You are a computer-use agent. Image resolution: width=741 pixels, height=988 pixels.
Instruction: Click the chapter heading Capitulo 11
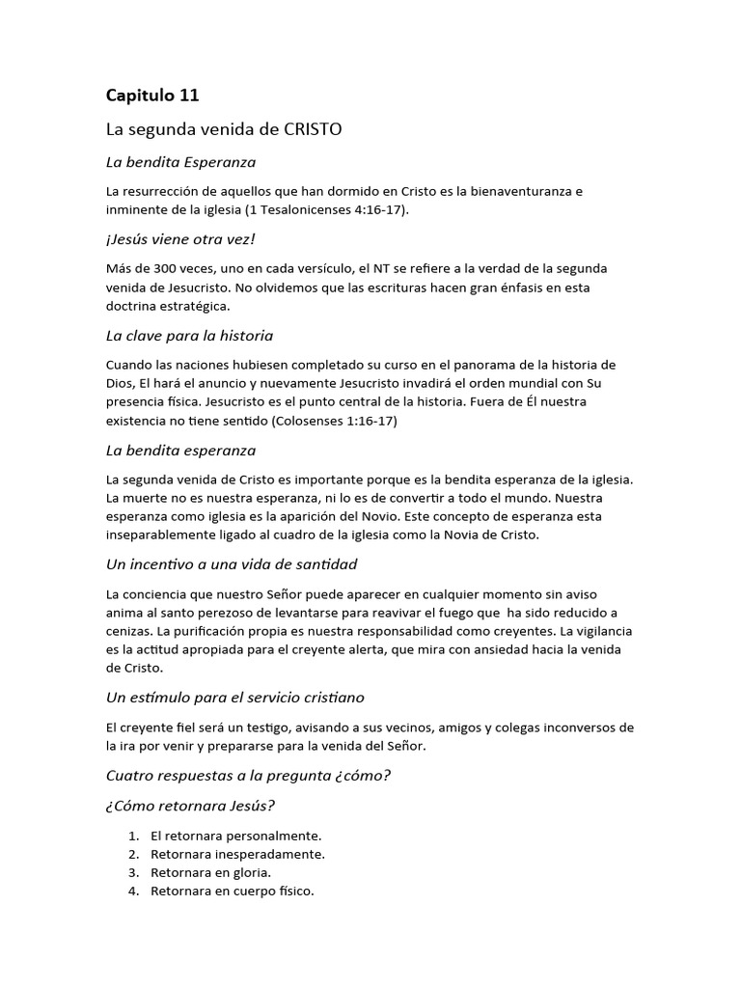click(152, 95)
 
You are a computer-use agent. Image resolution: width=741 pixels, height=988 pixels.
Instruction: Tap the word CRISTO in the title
click(313, 127)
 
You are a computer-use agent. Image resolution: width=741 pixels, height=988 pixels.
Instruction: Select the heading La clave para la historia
click(189, 335)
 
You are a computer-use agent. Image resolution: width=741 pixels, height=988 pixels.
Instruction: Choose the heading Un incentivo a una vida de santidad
click(232, 563)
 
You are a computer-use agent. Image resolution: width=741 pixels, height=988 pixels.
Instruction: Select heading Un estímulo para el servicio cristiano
click(234, 697)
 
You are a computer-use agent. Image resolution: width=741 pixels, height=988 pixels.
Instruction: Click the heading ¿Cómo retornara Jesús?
click(195, 806)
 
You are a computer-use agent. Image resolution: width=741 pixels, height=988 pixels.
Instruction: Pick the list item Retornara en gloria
click(204, 872)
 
